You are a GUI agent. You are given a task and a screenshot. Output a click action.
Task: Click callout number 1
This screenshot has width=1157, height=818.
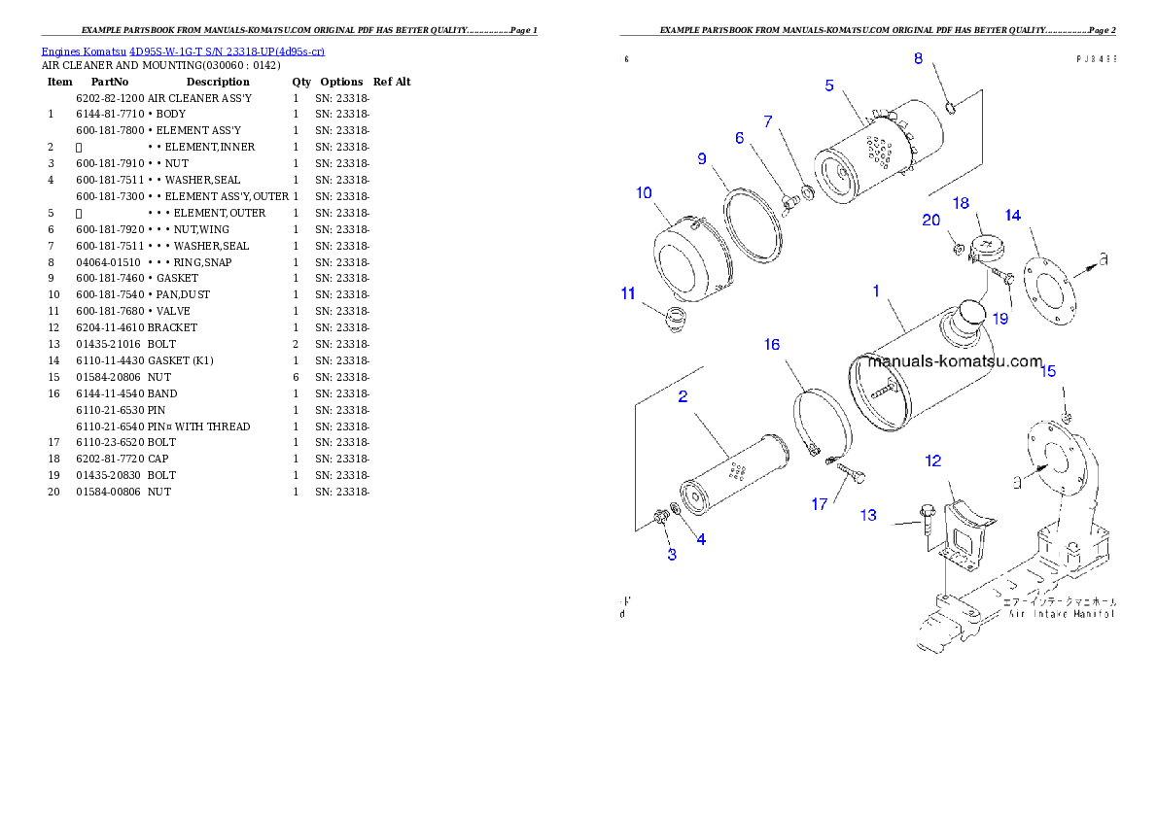(876, 290)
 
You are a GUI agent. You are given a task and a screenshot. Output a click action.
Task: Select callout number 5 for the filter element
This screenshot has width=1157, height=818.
(829, 85)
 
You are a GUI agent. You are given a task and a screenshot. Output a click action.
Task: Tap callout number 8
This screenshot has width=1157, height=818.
(918, 59)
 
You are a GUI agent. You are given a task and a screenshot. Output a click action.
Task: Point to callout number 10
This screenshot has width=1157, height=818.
(644, 193)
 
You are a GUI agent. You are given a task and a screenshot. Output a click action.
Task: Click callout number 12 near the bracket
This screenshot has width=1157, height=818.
(933, 460)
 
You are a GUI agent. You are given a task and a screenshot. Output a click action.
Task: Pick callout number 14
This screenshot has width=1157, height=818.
(1013, 215)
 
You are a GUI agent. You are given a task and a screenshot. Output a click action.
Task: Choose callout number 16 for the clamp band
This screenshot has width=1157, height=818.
(771, 344)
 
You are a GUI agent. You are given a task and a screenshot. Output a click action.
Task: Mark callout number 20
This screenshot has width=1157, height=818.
(930, 221)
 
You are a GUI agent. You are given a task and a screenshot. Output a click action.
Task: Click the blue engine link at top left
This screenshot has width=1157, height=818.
(183, 51)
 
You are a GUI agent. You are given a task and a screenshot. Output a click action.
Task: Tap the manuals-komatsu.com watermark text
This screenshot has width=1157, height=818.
(955, 361)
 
